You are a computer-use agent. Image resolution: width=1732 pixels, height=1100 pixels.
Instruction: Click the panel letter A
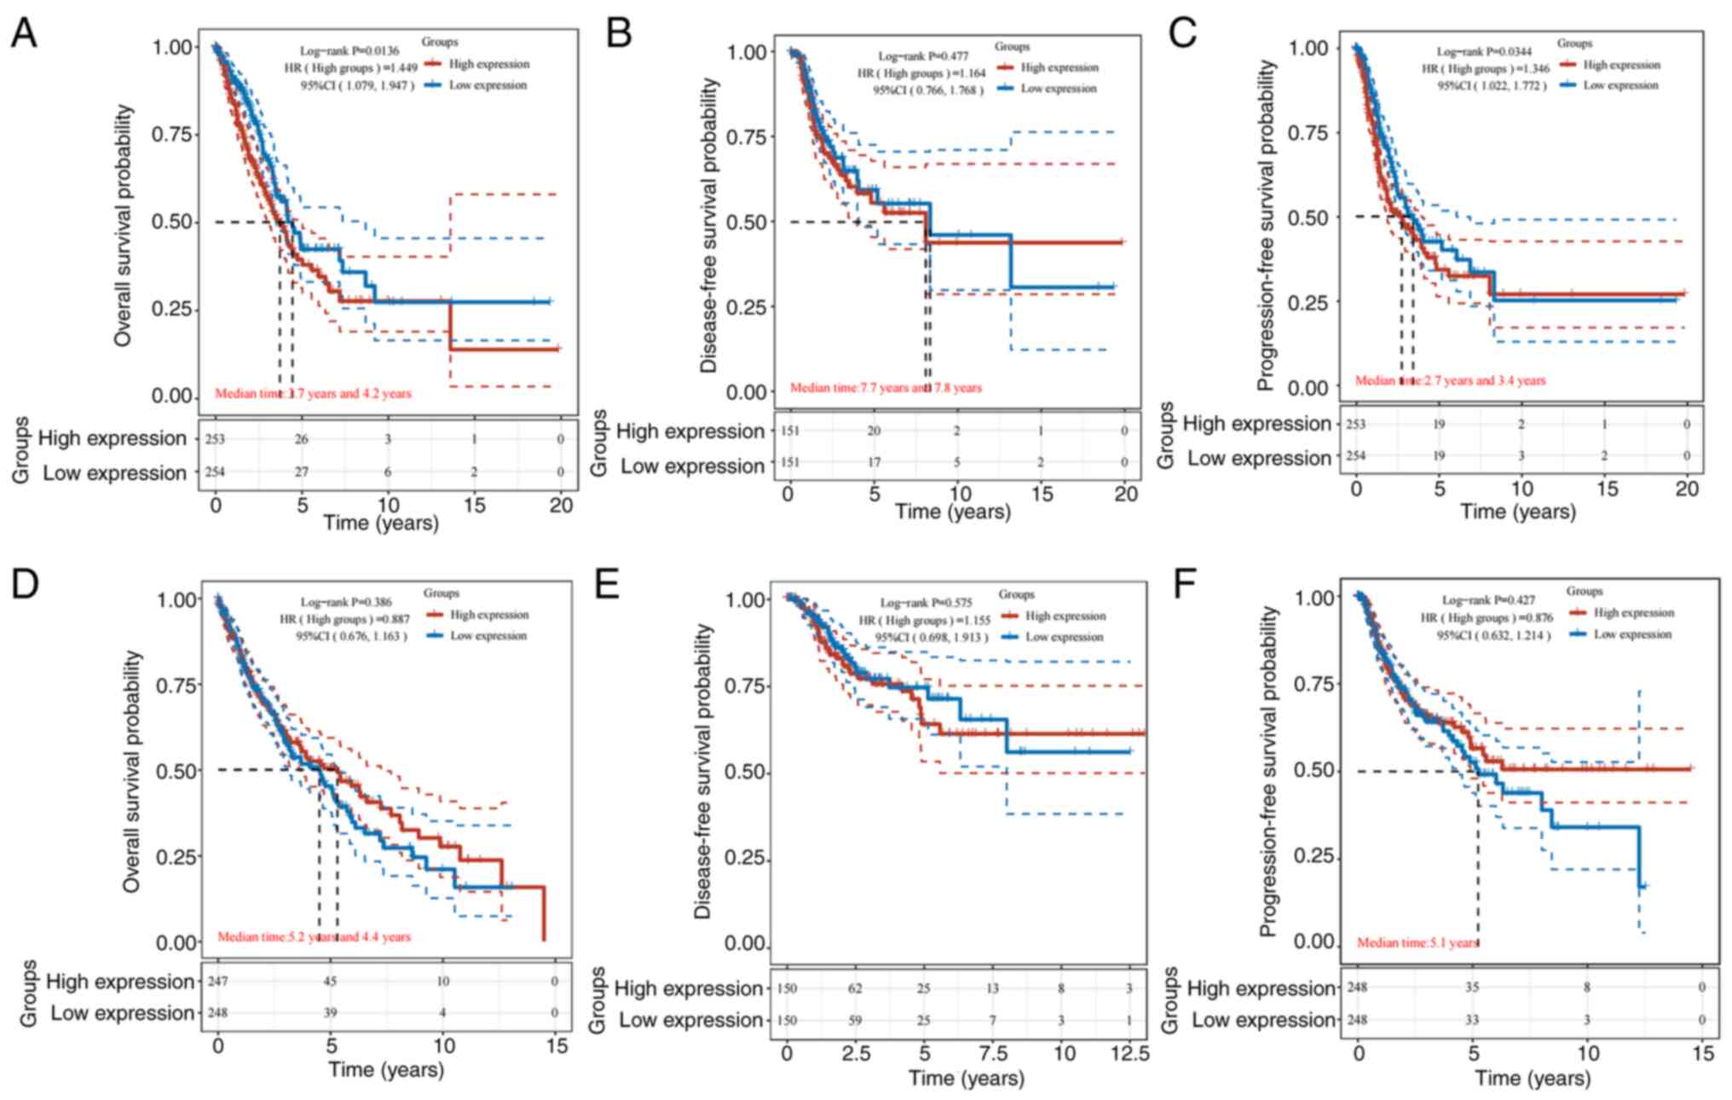[24, 33]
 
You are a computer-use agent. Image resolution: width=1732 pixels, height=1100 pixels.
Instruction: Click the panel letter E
[607, 585]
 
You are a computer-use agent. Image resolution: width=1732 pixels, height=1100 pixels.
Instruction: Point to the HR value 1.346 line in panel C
[1485, 69]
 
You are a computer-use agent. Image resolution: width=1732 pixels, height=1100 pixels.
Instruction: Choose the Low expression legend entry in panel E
[1064, 637]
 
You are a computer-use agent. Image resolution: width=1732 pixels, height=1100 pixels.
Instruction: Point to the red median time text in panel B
[886, 388]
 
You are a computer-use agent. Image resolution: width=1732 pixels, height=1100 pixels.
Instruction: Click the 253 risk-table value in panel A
[214, 439]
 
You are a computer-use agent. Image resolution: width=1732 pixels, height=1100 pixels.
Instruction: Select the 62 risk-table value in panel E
[855, 988]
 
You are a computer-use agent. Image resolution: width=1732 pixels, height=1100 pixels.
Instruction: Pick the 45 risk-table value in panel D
[330, 981]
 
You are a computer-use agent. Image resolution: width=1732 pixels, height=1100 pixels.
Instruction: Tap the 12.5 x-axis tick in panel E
[1129, 1054]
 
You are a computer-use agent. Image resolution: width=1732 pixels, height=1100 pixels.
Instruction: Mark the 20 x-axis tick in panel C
[1686, 489]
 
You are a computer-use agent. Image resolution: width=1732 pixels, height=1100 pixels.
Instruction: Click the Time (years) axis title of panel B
[952, 512]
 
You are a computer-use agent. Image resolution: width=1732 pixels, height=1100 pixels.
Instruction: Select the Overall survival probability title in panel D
[131, 771]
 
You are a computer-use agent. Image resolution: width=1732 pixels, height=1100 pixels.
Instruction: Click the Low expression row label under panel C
[1259, 459]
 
